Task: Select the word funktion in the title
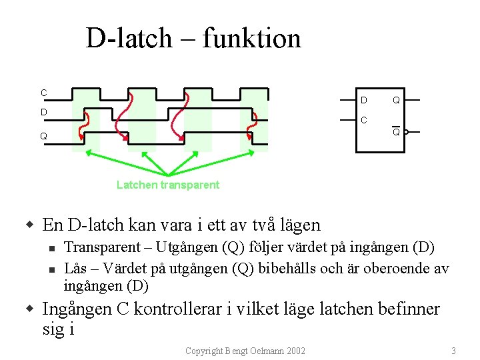(x=252, y=38)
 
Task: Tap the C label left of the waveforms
(x=43, y=93)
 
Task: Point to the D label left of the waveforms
(x=43, y=112)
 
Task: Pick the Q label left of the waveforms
(x=43, y=136)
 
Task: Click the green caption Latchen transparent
(x=167, y=185)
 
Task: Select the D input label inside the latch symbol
(x=363, y=101)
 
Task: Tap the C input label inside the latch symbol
(x=363, y=121)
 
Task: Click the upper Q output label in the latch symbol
(x=396, y=101)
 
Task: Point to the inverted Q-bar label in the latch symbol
(x=396, y=132)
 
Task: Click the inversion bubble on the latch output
(x=407, y=132)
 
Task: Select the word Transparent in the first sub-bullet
(x=102, y=247)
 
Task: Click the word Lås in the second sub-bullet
(x=75, y=269)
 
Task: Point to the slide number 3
(x=453, y=351)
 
